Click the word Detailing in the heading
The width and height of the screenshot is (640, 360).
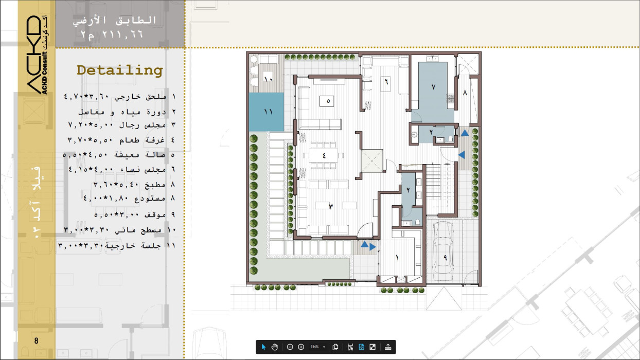pyautogui.click(x=120, y=70)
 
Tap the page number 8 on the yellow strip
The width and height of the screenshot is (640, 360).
pyautogui.click(x=36, y=340)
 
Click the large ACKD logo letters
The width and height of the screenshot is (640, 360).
pyautogui.click(x=34, y=55)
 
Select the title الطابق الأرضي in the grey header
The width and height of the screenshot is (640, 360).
pyautogui.click(x=114, y=21)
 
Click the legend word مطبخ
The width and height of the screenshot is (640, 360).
pyautogui.click(x=155, y=185)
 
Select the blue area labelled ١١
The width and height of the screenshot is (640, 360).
pyautogui.click(x=266, y=112)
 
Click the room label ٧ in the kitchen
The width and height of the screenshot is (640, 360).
pyautogui.click(x=433, y=86)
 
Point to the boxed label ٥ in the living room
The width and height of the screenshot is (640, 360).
pyautogui.click(x=327, y=101)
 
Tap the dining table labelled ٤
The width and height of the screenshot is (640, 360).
pyautogui.click(x=323, y=155)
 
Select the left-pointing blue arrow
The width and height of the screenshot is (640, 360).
pyautogui.click(x=461, y=155)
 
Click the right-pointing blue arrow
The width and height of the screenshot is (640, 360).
pyautogui.click(x=372, y=247)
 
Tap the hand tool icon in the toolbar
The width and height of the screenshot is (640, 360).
pyautogui.click(x=275, y=347)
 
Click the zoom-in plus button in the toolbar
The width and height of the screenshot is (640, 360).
pyautogui.click(x=301, y=347)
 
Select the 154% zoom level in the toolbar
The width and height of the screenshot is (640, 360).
pyautogui.click(x=314, y=347)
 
